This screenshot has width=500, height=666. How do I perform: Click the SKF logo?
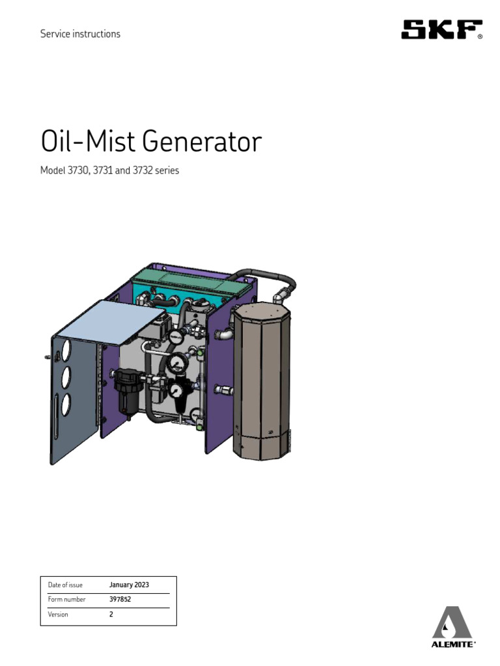tap(441, 30)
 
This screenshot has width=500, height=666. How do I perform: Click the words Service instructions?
tap(80, 34)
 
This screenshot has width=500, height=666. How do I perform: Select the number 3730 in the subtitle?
tap(79, 172)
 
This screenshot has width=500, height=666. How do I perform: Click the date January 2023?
tap(129, 585)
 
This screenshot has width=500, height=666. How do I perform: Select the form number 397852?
tap(120, 599)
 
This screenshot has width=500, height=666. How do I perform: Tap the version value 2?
tap(111, 614)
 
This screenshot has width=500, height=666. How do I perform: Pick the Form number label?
tap(66, 599)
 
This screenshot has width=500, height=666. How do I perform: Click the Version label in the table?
tap(58, 614)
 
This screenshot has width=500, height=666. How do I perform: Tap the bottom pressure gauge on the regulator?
tap(176, 390)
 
